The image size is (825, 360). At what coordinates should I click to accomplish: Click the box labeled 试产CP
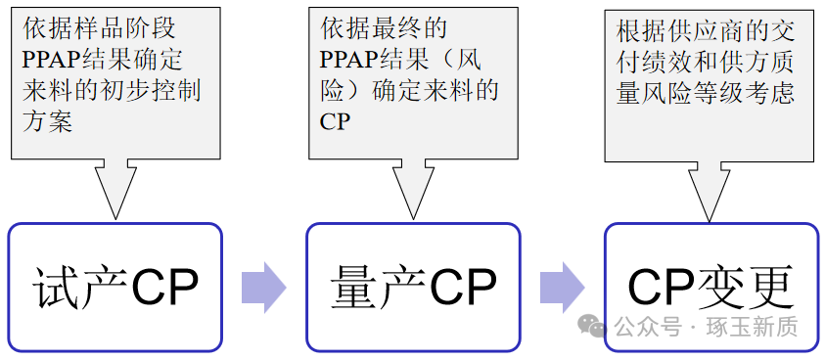pyautogui.click(x=115, y=287)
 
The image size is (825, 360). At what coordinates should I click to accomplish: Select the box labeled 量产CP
pyautogui.click(x=413, y=287)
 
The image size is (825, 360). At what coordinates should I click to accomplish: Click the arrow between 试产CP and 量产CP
pyautogui.click(x=262, y=288)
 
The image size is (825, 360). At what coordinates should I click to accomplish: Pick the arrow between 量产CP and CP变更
pyautogui.click(x=562, y=288)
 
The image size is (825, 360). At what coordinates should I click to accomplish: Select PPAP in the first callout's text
pyautogui.click(x=58, y=60)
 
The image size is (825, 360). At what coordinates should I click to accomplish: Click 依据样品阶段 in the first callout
pyautogui.click(x=98, y=28)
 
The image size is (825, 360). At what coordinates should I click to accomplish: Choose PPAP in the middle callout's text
pyautogui.click(x=355, y=60)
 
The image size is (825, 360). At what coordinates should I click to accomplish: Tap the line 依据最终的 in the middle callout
pyautogui.click(x=383, y=28)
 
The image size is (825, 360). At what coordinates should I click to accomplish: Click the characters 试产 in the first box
pyautogui.click(x=76, y=287)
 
